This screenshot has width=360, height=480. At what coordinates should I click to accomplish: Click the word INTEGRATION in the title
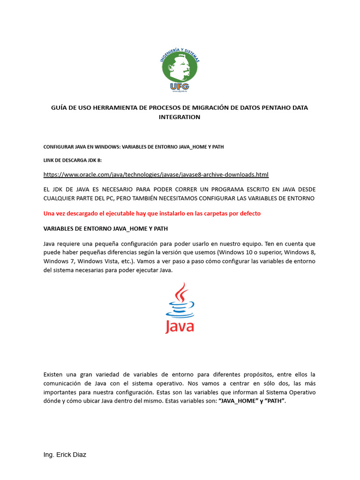[180, 117]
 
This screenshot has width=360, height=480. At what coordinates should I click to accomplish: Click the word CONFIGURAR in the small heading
[59, 147]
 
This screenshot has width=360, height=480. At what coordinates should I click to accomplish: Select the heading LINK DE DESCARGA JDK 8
[72, 160]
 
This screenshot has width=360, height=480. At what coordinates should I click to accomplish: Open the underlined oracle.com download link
[156, 174]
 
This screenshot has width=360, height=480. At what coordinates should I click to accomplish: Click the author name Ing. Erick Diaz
[65, 455]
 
